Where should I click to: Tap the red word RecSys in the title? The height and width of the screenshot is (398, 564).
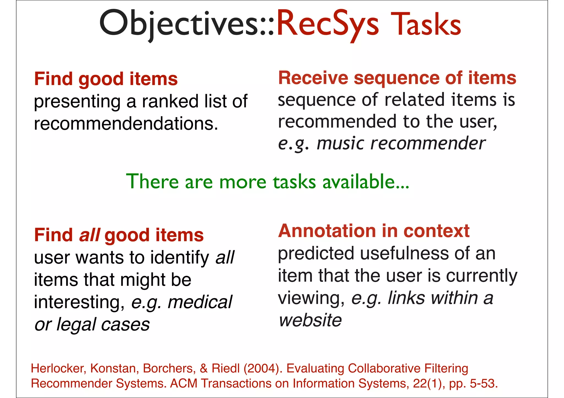click(328, 23)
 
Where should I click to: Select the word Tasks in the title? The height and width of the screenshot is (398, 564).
click(426, 24)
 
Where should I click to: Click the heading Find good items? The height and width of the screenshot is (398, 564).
click(106, 79)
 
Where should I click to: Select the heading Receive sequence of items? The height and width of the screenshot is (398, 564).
click(397, 78)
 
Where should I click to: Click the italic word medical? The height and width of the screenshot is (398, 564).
click(200, 302)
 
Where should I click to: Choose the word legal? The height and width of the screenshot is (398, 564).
click(76, 325)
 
